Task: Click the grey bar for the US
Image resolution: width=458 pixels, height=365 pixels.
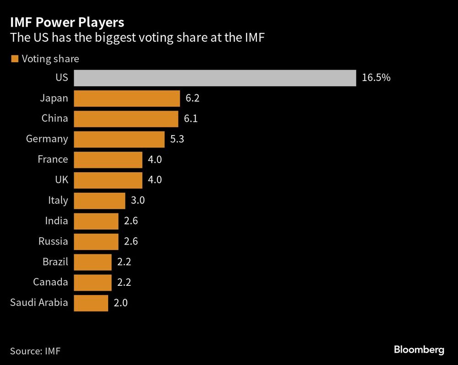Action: point(214,78)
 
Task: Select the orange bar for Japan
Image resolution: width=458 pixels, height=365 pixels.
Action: point(126,98)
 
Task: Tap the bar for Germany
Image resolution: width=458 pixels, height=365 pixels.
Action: point(119,139)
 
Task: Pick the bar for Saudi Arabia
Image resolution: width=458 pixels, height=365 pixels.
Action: point(91,303)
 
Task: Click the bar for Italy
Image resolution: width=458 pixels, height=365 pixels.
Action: point(99,201)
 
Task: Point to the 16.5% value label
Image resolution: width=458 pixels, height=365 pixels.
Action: point(376,78)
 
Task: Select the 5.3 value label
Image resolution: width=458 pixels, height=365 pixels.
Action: point(177,139)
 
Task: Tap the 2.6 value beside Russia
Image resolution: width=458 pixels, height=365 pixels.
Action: point(131,241)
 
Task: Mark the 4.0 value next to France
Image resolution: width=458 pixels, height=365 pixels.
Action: point(155,160)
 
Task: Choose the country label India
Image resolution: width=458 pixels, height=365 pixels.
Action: point(56,221)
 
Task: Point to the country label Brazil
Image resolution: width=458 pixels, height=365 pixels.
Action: point(55,262)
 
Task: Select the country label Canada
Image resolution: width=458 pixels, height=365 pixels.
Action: point(50,282)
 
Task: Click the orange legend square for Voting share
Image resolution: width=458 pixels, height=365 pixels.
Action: point(14,59)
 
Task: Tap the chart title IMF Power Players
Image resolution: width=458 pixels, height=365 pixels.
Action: point(67,22)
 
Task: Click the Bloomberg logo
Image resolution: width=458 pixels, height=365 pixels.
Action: point(419,350)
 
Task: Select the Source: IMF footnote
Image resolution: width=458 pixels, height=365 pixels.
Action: point(35,351)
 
